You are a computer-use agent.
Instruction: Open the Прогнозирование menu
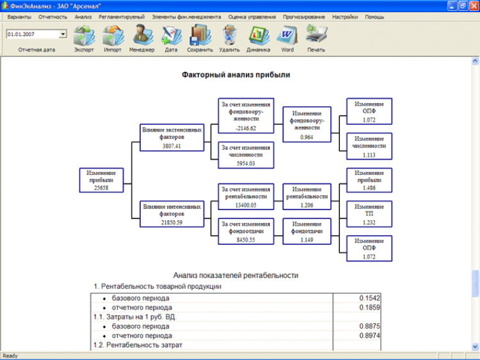point(308,17)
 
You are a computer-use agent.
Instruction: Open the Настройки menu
point(345,17)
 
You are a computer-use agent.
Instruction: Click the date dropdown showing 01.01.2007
point(36,33)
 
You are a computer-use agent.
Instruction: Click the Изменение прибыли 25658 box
point(101,181)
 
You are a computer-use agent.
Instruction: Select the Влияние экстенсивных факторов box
point(172,138)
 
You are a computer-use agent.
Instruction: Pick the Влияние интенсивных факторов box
point(172,214)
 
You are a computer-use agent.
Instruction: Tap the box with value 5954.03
point(246,154)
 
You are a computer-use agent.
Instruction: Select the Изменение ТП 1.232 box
point(369,214)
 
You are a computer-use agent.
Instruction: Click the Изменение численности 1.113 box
point(369,145)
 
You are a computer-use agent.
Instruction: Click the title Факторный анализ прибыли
point(236,75)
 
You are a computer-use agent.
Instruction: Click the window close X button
point(472,5)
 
